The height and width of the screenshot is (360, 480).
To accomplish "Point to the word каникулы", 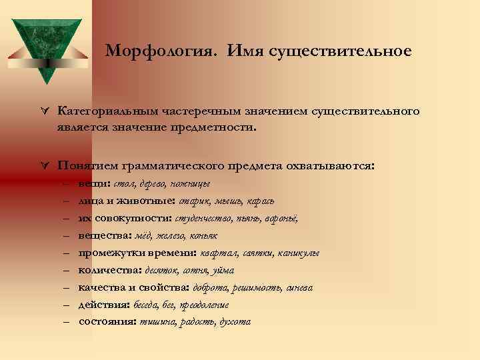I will pyautogui.click(x=300, y=253).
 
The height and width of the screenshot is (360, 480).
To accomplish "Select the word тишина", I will pyautogui.click(x=157, y=322).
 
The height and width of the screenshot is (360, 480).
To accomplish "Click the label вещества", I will pyautogui.click(x=99, y=235).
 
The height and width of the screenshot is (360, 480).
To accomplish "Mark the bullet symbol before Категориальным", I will pyautogui.click(x=44, y=111).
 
